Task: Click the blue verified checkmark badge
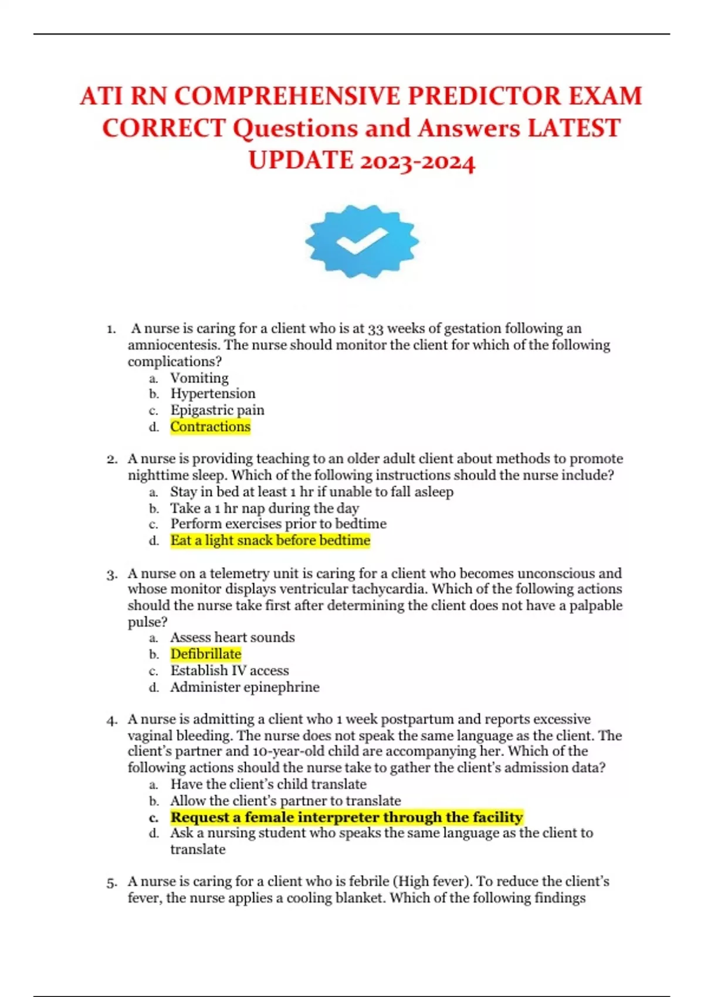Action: point(361,241)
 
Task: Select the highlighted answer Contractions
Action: point(210,426)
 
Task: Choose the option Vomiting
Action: point(199,378)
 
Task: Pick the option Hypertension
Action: point(212,394)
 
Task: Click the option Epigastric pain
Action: point(217,410)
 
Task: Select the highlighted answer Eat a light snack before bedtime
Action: point(270,540)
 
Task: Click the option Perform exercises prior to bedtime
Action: point(278,524)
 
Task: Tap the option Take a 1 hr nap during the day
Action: point(264,508)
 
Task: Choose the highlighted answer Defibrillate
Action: point(205,654)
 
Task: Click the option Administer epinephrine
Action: point(245,687)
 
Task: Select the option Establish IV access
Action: point(229,670)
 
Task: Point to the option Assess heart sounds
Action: point(232,637)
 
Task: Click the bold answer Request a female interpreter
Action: point(346,817)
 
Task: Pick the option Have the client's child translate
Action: point(268,784)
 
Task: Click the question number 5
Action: point(111,882)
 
